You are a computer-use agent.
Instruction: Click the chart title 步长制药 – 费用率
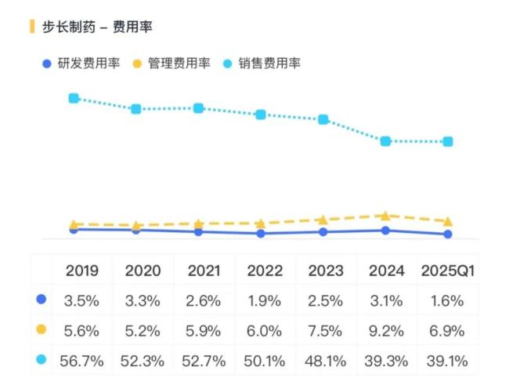(97, 27)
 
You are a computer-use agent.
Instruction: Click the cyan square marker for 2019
(74, 98)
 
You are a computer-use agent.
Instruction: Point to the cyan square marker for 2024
(385, 141)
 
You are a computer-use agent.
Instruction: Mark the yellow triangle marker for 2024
(385, 215)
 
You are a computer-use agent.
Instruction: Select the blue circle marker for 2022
(261, 234)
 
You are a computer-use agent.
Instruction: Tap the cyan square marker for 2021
(198, 108)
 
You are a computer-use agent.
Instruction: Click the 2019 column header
(82, 271)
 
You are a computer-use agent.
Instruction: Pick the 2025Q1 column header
(448, 271)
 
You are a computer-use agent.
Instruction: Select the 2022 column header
(265, 271)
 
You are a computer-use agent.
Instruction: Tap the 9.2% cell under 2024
(387, 330)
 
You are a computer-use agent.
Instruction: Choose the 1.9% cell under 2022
(265, 300)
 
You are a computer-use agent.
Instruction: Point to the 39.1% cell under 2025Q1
(448, 361)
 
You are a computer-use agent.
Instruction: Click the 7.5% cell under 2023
(326, 330)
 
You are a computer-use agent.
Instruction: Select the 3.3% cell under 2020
(143, 300)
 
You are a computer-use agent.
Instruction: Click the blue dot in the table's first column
(42, 300)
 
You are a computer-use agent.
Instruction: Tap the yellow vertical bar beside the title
(32, 27)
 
